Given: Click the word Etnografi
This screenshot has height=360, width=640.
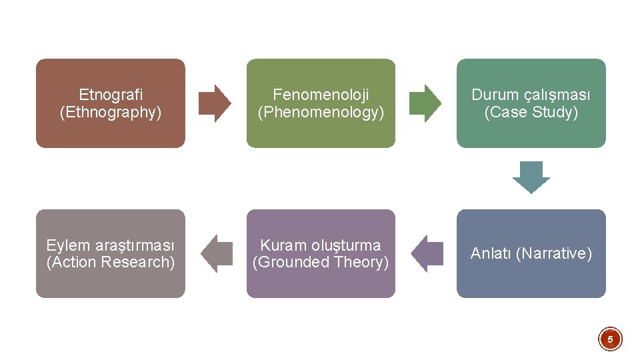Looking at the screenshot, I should click(111, 95).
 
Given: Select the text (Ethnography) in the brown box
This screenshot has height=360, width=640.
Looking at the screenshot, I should click(111, 112).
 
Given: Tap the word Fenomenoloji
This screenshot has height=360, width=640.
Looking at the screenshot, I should click(321, 95).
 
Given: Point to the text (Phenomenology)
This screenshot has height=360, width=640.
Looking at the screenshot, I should click(321, 112).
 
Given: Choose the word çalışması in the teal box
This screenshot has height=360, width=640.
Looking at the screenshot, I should click(556, 95).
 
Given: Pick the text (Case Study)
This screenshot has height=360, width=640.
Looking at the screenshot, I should click(531, 112).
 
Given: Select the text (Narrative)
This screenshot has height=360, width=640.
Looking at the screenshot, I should click(554, 253).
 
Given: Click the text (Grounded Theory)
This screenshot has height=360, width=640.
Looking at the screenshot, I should click(321, 262).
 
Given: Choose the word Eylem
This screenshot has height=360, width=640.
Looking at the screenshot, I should click(66, 245).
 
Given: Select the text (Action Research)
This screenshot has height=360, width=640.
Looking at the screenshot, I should click(111, 262).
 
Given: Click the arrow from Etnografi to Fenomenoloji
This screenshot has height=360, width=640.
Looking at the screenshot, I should click(215, 103).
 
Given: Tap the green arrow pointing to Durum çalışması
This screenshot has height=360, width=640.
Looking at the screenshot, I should click(425, 103).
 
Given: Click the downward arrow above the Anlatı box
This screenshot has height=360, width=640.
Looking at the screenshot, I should click(531, 177).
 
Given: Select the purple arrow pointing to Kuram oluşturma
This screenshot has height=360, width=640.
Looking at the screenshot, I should click(427, 253).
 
